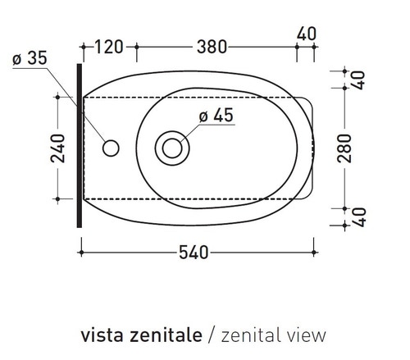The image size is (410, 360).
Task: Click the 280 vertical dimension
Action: (x=344, y=148)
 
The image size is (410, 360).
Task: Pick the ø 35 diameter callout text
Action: (x=31, y=58)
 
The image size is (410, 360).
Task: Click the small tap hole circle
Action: (x=111, y=148)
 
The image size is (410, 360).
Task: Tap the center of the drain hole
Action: (x=172, y=148)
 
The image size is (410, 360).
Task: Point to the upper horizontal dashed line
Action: (x=197, y=98)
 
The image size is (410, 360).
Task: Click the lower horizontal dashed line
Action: (x=197, y=198)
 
